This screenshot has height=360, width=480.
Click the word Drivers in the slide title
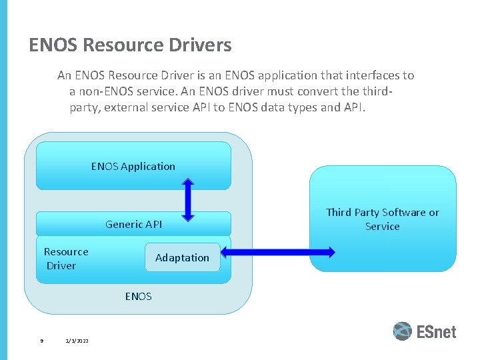coord(201,45)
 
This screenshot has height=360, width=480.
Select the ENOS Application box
coord(133,166)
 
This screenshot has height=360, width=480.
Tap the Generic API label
coord(133,225)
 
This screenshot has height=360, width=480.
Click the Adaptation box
coord(182,258)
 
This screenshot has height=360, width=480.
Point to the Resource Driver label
coord(65,259)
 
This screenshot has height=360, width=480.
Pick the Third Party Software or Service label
coord(383,219)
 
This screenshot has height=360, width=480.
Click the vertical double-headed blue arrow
coord(188,199)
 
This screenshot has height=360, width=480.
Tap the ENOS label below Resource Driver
coord(138,296)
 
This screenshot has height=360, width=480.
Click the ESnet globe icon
coord(403,331)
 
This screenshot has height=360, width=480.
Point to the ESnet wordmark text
coord(437,331)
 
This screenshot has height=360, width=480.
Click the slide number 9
coord(41,341)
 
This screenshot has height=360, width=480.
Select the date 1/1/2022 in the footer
coord(77,341)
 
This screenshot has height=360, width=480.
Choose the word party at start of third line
coord(84,107)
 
